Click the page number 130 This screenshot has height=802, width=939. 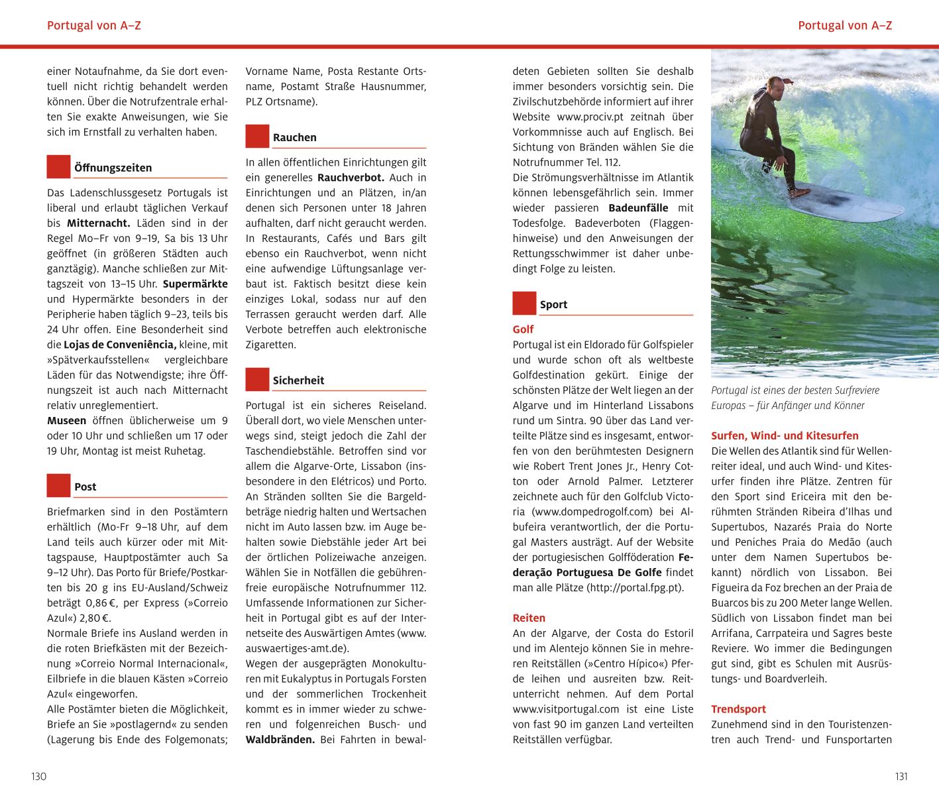pyautogui.click(x=39, y=777)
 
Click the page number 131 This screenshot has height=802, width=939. pyautogui.click(x=900, y=777)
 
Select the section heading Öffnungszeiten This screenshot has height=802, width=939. pyautogui.click(x=113, y=168)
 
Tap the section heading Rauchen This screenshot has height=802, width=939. pyautogui.click(x=294, y=137)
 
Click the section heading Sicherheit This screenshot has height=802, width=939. pyautogui.click(x=298, y=380)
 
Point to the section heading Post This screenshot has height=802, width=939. pyautogui.click(x=85, y=487)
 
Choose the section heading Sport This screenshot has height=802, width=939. pyautogui.click(x=553, y=304)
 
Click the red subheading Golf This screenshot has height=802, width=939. pyautogui.click(x=523, y=329)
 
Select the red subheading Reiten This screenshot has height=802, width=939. pyautogui.click(x=529, y=618)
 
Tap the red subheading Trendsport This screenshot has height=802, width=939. pyautogui.click(x=738, y=709)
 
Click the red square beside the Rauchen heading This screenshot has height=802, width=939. pyautogui.click(x=257, y=136)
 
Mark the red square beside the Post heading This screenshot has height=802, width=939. pyautogui.click(x=58, y=485)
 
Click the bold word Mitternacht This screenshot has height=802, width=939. pyautogui.click(x=98, y=223)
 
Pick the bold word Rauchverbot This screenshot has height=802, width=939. pyautogui.click(x=351, y=178)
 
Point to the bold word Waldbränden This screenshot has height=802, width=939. pyautogui.click(x=280, y=739)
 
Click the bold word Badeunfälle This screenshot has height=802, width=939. pyautogui.click(x=639, y=208)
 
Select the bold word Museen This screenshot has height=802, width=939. pyautogui.click(x=66, y=420)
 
